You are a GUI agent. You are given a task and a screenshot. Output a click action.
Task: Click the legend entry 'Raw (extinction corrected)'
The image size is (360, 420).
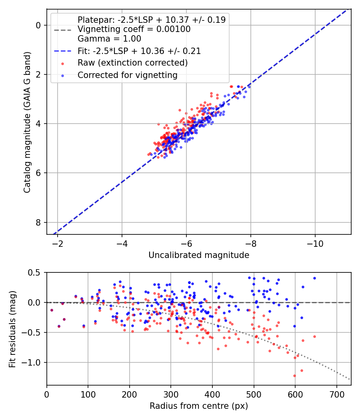coord(132,63)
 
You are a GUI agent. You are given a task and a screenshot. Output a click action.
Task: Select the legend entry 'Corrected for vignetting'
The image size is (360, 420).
coord(128,75)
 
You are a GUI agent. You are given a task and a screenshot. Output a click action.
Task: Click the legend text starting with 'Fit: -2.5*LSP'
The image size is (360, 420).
coord(139,51)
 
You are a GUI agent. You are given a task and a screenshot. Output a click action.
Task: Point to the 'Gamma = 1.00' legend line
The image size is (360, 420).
coord(109,39)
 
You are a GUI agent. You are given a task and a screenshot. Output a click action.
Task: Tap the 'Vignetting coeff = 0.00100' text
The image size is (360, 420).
coord(134,29)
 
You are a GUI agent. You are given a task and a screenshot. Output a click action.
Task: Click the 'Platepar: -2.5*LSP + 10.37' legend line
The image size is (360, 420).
coord(151,20)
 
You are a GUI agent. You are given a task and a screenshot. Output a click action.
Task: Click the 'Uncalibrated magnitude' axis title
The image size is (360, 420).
coord(199,255)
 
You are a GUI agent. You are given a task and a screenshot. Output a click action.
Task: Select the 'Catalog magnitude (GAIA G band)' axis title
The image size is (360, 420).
coord(27,122)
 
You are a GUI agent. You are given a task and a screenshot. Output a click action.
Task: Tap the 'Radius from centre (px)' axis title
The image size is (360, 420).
coord(199,406)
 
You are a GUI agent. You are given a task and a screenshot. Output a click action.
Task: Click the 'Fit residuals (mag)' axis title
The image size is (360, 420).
coord(12,328)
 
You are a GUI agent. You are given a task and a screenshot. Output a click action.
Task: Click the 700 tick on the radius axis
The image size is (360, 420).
coord(336,394)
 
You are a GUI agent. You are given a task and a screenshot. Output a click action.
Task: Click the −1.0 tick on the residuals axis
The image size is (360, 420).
coord(33,362)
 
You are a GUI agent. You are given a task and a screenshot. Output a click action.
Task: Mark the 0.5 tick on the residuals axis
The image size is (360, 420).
coord(35,272)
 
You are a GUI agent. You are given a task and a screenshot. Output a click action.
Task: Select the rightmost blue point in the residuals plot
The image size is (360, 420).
coord(314,278)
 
